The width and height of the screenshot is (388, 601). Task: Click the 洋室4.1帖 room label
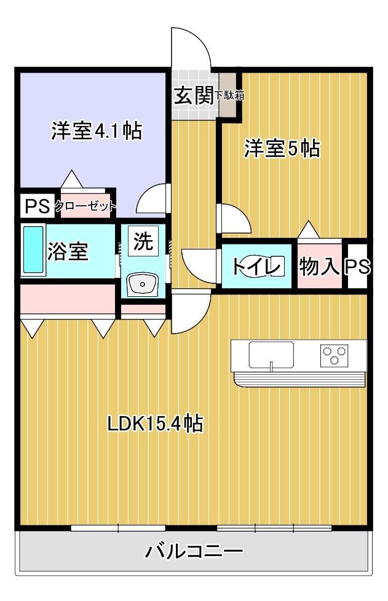click(x=97, y=131)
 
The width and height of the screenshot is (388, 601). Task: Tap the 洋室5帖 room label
click(x=282, y=149)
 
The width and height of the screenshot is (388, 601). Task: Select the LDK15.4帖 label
click(x=155, y=423)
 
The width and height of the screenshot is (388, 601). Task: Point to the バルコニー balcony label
click(x=194, y=550)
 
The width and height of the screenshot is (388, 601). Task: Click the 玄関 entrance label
click(x=192, y=96)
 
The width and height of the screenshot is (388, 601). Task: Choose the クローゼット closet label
click(x=85, y=206)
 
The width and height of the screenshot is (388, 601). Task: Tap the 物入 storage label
click(x=319, y=267)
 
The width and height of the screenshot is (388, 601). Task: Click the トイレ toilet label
click(x=256, y=267)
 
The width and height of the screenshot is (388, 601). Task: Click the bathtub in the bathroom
click(x=33, y=251)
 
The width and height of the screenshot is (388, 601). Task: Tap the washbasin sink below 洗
click(x=143, y=285)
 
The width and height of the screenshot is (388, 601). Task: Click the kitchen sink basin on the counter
click(x=271, y=354)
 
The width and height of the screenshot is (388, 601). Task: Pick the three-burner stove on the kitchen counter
click(x=334, y=354)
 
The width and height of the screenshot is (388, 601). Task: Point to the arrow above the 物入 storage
click(x=308, y=229)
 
